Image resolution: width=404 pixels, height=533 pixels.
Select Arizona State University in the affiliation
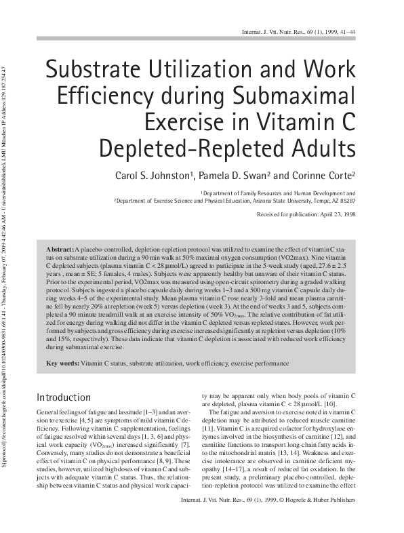click(x=264, y=201)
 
